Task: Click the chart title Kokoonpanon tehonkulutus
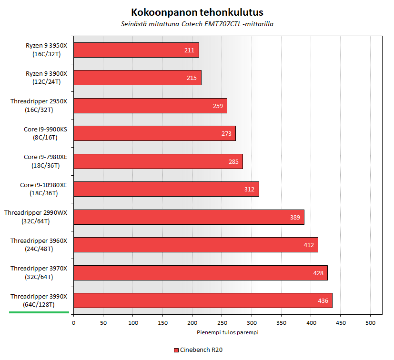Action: point(197,12)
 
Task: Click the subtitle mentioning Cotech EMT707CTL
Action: point(197,24)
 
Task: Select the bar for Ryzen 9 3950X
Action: point(136,50)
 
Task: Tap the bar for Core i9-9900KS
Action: point(154,133)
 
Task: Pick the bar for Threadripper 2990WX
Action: point(189,217)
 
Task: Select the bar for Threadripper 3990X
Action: point(202,300)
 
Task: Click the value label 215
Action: point(192,78)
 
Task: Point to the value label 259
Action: point(218,106)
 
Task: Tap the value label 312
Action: point(250,189)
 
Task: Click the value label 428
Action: point(318,273)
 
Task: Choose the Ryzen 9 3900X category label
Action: point(46,78)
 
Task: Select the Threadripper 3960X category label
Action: point(39,245)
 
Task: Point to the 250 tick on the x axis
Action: point(222,323)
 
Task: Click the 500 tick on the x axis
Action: point(370,323)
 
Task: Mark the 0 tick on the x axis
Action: point(73,323)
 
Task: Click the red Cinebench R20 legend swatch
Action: point(176,350)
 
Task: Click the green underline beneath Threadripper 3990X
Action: point(39,312)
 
